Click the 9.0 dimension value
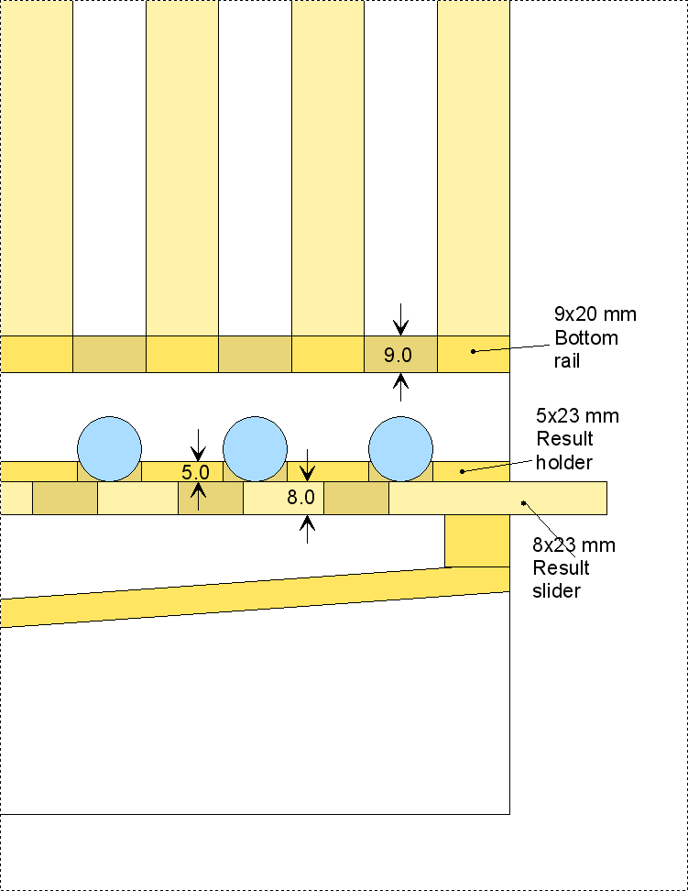tap(399, 354)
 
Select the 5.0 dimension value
tap(196, 473)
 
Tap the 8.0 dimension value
tap(300, 499)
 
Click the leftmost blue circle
tap(109, 449)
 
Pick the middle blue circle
tap(256, 449)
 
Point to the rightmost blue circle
tap(400, 449)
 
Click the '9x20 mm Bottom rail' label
tap(595, 337)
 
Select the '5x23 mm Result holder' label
tap(577, 438)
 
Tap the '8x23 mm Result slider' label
tap(573, 567)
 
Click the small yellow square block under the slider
tap(476, 540)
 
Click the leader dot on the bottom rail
tap(473, 350)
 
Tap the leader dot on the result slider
tap(523, 501)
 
